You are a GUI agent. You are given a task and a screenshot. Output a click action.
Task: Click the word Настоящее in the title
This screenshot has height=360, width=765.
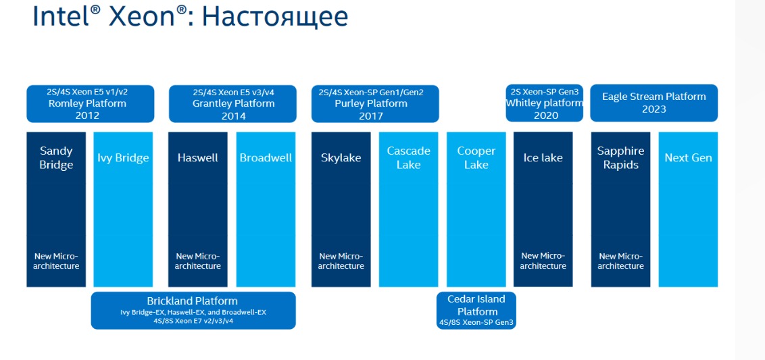pos(274,16)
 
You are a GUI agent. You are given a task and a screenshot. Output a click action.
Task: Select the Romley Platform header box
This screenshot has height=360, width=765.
pos(91,103)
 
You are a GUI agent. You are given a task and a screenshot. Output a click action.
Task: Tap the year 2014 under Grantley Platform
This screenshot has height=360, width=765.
pos(233,116)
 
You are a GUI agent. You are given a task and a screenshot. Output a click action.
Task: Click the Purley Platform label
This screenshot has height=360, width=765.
pos(371,103)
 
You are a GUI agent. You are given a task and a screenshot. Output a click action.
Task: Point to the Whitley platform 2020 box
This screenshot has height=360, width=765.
pos(544,103)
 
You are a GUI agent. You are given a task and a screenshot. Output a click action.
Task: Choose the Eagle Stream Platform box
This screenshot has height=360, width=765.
pos(653,103)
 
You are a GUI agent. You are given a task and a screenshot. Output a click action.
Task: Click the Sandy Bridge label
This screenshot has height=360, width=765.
pos(57,157)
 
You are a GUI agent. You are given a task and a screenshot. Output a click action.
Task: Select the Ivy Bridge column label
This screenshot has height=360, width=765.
pos(123,157)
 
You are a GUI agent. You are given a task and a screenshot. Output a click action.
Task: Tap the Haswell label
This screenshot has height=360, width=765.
pos(197,157)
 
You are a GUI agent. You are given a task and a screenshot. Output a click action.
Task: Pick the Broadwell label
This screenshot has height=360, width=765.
pos(266,157)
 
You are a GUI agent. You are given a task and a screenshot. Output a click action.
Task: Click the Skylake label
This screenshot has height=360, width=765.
pos(341,157)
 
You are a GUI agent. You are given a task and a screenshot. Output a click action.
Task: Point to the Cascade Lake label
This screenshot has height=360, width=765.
pos(408,157)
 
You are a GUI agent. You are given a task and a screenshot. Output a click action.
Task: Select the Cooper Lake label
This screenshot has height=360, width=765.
pos(476,157)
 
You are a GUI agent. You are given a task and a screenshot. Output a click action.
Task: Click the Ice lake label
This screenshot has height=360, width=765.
pos(543,157)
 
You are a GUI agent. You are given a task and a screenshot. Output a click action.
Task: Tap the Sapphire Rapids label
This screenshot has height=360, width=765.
pos(620,157)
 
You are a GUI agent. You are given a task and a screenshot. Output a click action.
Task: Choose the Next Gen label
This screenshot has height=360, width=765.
pos(688,157)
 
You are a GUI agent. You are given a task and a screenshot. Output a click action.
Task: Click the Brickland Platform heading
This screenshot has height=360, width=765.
pos(192,301)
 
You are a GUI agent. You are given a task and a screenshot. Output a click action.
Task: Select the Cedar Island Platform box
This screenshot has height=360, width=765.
pos(476,310)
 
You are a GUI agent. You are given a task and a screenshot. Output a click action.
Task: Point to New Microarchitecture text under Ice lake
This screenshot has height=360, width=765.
pos(543,261)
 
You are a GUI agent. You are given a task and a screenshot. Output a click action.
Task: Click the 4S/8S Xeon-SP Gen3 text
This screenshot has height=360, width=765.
pos(476,322)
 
